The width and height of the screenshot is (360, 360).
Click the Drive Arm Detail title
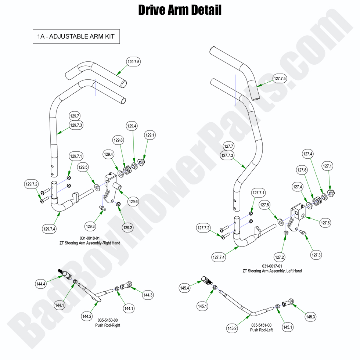180,10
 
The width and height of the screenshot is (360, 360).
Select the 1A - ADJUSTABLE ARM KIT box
76,37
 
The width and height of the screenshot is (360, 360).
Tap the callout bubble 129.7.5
134,62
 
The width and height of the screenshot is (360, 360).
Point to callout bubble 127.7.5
280,78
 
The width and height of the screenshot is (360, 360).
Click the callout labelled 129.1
150,135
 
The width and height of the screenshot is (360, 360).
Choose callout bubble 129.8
118,140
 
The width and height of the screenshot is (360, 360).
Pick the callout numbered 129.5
83,167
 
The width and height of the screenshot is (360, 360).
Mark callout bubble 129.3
90,226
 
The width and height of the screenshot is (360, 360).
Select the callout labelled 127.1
328,166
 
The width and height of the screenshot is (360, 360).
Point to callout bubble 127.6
325,222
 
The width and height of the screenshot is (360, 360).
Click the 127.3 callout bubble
316,255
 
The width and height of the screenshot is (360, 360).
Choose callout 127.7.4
219,257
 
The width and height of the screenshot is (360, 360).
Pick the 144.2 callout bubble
87,316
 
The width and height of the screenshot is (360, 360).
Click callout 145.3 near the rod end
311,317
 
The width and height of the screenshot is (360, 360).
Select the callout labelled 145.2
232,328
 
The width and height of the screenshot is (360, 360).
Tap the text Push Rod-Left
262,330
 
